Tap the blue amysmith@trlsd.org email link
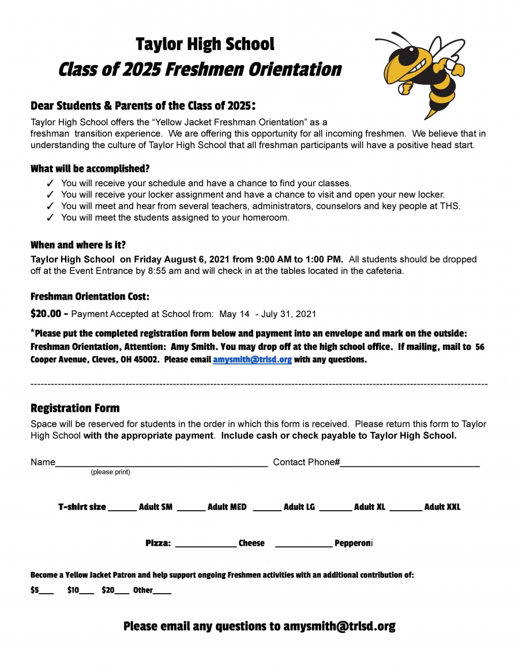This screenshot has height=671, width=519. tap(252, 360)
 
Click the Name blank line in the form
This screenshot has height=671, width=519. tap(161, 462)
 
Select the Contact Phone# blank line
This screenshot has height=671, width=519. tap(409, 462)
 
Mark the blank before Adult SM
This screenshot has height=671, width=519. tap(122, 508)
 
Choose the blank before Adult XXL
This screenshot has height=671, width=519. tap(405, 508)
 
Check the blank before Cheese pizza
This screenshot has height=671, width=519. tap(205, 544)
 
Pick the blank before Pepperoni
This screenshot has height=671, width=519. tap(304, 544)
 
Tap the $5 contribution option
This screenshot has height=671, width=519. tap(42, 590)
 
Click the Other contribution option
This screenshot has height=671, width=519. tap(152, 590)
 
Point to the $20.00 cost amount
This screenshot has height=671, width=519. tap(46, 314)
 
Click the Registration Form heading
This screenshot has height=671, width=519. tap(75, 409)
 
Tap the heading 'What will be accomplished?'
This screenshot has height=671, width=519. tap(90, 169)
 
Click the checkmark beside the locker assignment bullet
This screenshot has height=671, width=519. tap(50, 195)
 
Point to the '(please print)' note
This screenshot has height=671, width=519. tap(110, 472)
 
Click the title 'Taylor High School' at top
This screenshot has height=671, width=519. tap(205, 44)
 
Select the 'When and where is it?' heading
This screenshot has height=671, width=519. tap(78, 245)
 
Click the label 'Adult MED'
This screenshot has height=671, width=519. tap(227, 507)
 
